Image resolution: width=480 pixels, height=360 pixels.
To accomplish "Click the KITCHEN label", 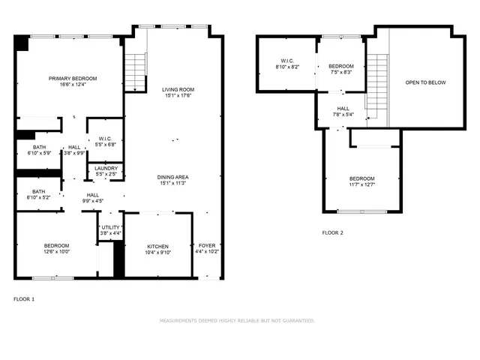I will [157, 246].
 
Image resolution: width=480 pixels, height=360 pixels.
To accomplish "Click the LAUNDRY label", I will [106, 168].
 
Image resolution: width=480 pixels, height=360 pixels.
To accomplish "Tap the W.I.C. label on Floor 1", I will [106, 138].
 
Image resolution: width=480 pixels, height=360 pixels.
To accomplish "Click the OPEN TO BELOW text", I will [425, 82].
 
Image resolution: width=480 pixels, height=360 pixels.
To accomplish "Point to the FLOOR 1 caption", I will [24, 299].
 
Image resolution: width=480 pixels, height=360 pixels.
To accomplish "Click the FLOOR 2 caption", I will [332, 232].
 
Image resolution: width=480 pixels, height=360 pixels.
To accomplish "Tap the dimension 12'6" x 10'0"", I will [56, 253].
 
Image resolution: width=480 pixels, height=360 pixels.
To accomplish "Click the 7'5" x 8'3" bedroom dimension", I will [340, 72].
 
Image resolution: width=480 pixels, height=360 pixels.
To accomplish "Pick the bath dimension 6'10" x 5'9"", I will [38, 153].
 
